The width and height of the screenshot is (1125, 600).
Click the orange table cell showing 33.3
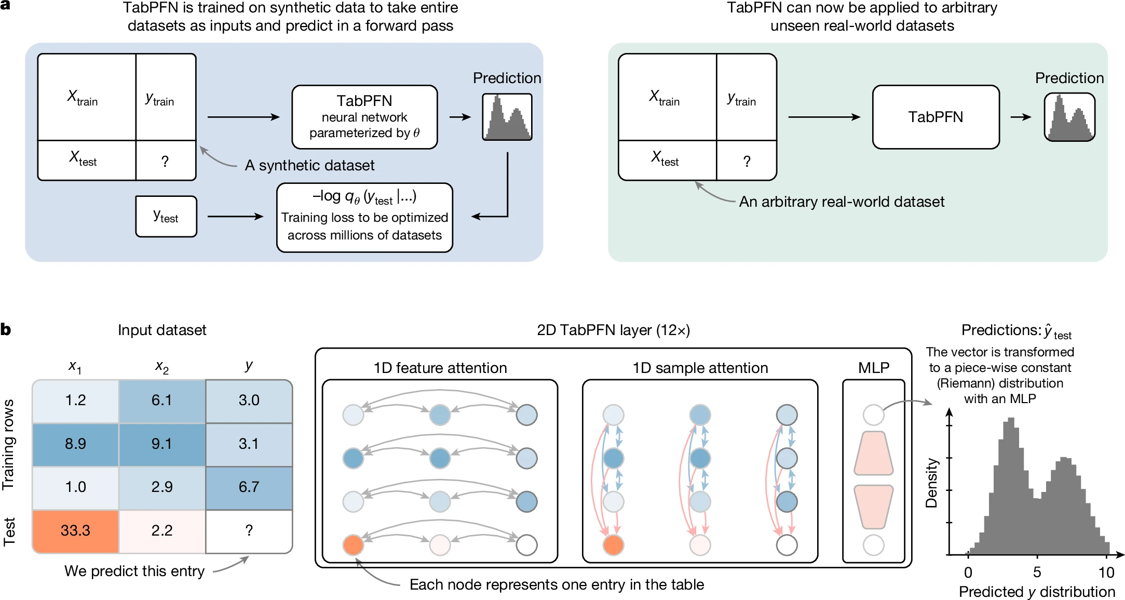[x=75, y=530]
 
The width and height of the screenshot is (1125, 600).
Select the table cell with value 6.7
[x=249, y=487]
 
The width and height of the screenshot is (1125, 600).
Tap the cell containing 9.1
[x=162, y=444]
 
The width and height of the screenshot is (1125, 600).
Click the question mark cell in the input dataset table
[x=249, y=530]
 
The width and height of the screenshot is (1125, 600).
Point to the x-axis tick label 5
[x=1037, y=572]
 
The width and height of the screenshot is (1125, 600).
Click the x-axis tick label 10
[x=1106, y=572]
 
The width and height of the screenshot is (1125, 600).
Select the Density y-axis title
[x=932, y=483]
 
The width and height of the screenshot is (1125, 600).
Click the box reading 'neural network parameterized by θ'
[x=364, y=117]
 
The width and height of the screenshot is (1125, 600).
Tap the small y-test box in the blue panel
[x=166, y=216]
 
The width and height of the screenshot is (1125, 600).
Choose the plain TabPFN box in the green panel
[x=936, y=117]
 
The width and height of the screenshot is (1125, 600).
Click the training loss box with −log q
[x=364, y=217]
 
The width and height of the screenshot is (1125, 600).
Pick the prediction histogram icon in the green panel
[x=1069, y=117]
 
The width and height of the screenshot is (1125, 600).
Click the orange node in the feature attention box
[x=353, y=545]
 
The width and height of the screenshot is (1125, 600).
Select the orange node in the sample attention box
[x=613, y=545]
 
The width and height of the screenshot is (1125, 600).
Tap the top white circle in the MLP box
[x=873, y=415]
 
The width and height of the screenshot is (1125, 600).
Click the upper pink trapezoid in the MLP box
[x=874, y=453]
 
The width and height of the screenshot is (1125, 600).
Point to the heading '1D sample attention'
[x=700, y=368]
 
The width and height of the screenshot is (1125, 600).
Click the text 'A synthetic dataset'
[x=309, y=165]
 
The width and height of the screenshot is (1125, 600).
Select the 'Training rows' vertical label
[x=8, y=445]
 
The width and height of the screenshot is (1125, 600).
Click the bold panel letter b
[x=6, y=330]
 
